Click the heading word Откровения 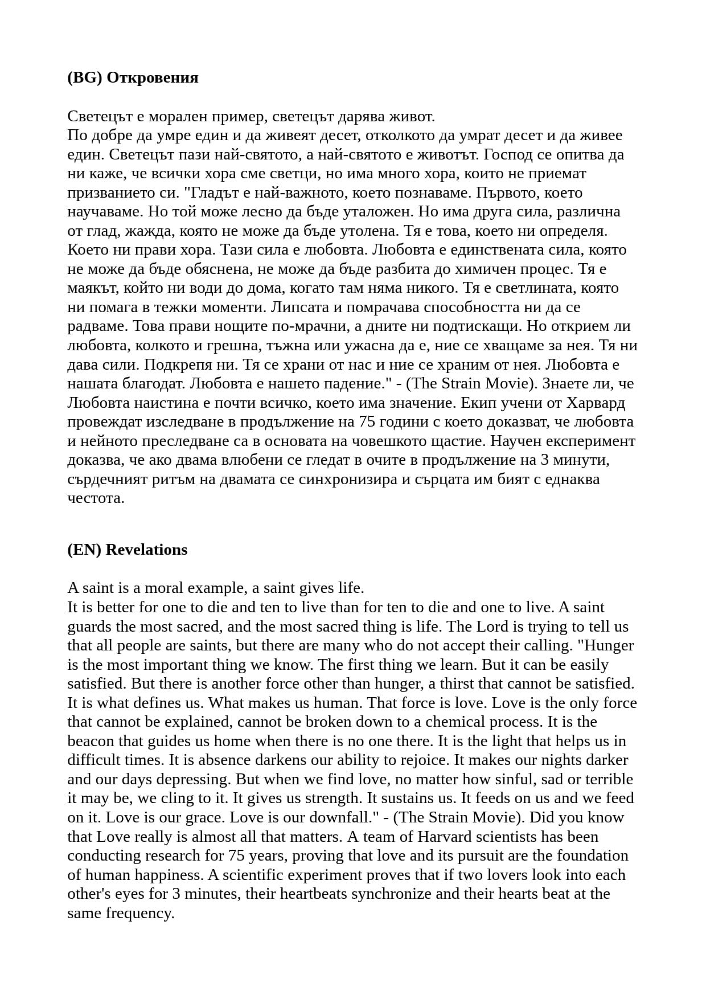152,77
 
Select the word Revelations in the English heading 146,550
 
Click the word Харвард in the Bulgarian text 596,403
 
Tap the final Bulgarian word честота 96,498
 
